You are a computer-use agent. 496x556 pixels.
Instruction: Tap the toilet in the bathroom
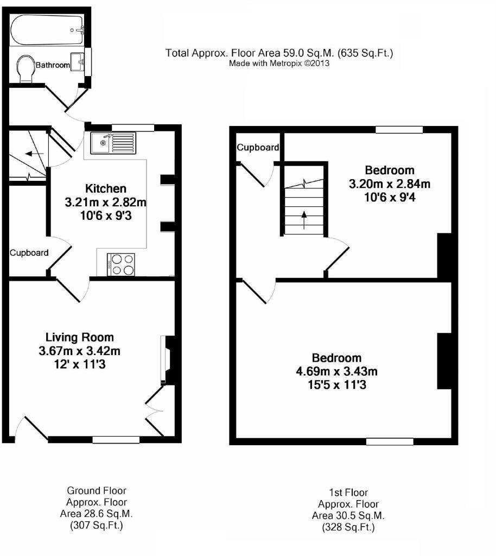pos(25,68)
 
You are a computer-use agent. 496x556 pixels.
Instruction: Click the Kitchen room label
pos(106,189)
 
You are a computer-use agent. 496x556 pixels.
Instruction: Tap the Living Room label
pos(79,338)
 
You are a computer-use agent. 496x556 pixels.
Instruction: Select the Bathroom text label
pos(53,66)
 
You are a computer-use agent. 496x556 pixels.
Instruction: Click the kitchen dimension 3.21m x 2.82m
pos(106,203)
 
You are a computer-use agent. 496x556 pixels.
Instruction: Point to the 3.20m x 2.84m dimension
pos(390,184)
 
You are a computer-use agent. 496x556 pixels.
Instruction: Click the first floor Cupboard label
pos(258,148)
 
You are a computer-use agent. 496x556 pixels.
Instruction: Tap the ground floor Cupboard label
pos(29,252)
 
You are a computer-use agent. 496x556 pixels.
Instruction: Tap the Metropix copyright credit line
pos(279,63)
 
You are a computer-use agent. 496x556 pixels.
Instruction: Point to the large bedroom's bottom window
pos(389,441)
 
